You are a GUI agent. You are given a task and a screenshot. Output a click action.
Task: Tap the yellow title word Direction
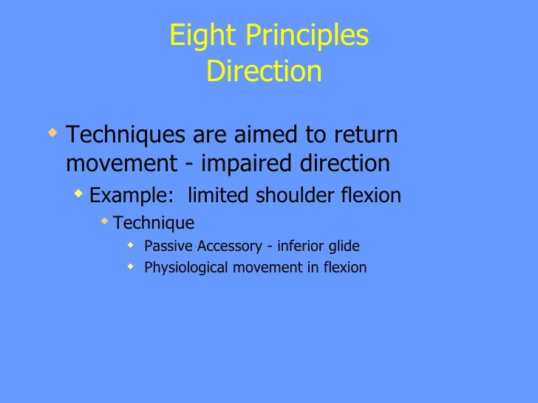[x=264, y=72]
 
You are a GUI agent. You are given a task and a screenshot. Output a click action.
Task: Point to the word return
[x=360, y=137]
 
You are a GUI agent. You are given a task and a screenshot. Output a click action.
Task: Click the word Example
[x=120, y=196]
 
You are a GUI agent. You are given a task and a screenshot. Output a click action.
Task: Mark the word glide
[x=344, y=246]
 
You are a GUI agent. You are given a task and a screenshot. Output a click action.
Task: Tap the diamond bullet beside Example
[x=79, y=194]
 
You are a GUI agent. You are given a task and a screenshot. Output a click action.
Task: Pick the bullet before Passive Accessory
[x=130, y=245]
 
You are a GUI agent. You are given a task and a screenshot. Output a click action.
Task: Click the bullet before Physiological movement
[x=130, y=266]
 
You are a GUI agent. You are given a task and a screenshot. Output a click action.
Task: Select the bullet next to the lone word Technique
[x=105, y=221]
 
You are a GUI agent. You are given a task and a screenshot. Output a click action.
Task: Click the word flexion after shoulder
[x=372, y=196]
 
